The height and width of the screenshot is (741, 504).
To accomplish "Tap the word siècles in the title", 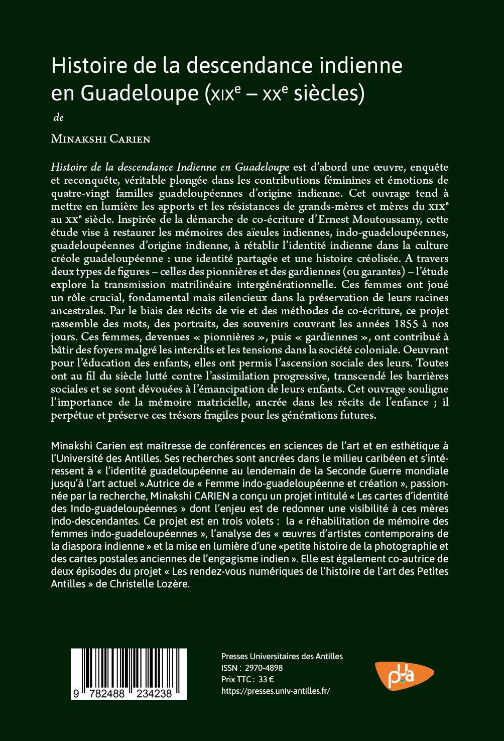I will click(332, 93).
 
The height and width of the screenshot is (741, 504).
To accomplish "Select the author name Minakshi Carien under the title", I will click(100, 139).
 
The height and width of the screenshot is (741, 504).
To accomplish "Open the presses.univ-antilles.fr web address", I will click(276, 691).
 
